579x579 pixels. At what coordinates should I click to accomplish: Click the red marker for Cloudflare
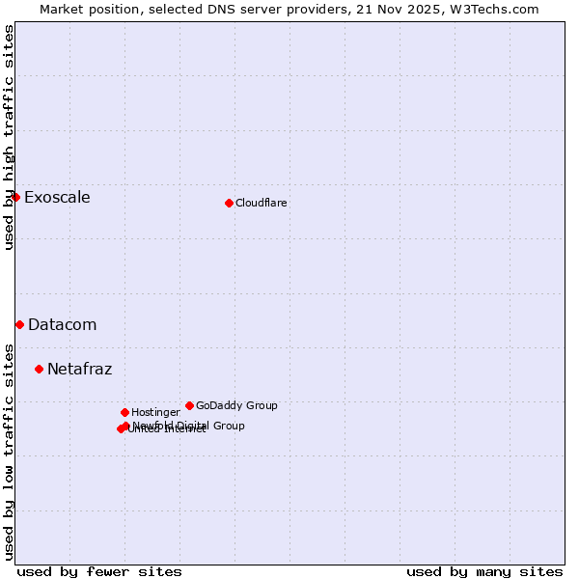coord(229,203)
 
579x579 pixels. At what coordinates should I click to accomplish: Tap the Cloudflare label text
coord(262,204)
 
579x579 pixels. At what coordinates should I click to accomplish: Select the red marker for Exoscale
coord(15,197)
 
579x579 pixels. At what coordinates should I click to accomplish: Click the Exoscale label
coord(57,198)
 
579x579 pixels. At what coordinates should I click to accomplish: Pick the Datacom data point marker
coord(19,324)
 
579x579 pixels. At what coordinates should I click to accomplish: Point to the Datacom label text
coord(63,325)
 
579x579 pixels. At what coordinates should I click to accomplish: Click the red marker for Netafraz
coord(39,369)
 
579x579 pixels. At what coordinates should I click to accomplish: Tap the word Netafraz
coord(80,370)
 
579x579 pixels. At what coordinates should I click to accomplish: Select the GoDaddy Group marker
coord(189,405)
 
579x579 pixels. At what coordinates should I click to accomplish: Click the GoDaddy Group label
coord(236,406)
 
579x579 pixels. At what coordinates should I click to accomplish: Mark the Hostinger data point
coord(124,412)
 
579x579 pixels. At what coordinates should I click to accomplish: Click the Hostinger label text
coord(155,413)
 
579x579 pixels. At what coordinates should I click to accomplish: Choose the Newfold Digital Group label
coord(189,426)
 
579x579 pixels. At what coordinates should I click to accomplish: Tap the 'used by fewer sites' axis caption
coord(99,571)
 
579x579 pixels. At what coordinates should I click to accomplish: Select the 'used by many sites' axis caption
coord(484,571)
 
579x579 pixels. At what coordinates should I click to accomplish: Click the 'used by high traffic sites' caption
coord(10,137)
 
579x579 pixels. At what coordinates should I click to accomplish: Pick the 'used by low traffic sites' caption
coord(10,452)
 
